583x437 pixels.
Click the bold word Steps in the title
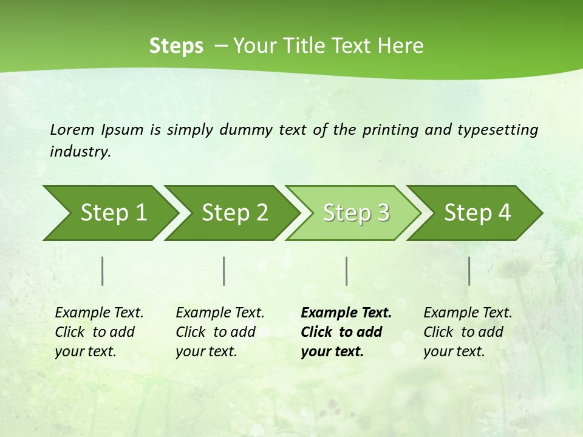point(176,46)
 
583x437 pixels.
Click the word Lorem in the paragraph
point(72,129)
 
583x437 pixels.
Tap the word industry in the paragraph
point(80,151)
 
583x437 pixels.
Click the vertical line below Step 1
point(103,271)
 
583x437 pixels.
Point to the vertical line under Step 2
point(224,271)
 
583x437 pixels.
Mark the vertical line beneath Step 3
point(347,271)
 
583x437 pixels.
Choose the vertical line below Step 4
point(469,271)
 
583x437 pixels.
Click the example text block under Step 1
point(99,332)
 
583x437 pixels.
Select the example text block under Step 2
point(220,332)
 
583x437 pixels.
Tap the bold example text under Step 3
point(346,332)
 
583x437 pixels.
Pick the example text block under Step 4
point(468,332)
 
